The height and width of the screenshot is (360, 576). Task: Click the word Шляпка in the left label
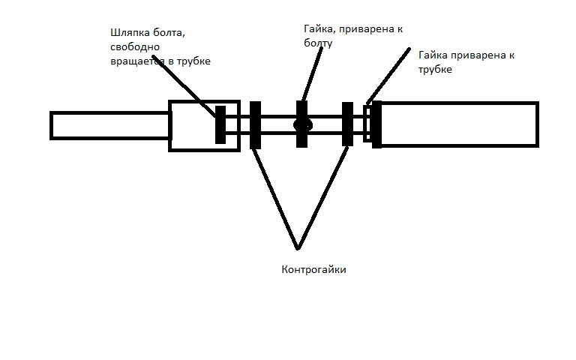tap(128, 33)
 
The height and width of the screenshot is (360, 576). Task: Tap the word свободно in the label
tap(135, 47)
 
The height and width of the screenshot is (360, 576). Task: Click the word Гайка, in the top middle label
tap(319, 29)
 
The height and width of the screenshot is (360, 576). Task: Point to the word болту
tap(318, 43)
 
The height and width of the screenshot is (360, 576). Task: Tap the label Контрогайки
tap(313, 270)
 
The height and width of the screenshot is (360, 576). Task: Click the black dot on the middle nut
tap(303, 125)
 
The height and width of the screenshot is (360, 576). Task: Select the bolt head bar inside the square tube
tap(220, 125)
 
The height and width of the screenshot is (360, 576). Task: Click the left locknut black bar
tap(255, 125)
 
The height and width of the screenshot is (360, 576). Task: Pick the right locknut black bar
tap(347, 124)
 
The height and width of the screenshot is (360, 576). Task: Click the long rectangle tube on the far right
tap(459, 124)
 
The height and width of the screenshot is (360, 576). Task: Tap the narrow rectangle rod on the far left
tap(110, 126)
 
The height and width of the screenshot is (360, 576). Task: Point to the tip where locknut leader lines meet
tap(298, 248)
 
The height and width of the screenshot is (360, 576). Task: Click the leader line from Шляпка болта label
tap(184, 86)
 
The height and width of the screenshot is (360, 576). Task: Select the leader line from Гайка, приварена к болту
tap(312, 74)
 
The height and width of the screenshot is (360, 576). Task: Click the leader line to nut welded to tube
tap(388, 76)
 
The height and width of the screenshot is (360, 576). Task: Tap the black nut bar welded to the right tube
tap(376, 124)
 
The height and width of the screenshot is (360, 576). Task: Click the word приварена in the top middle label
tap(367, 29)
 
